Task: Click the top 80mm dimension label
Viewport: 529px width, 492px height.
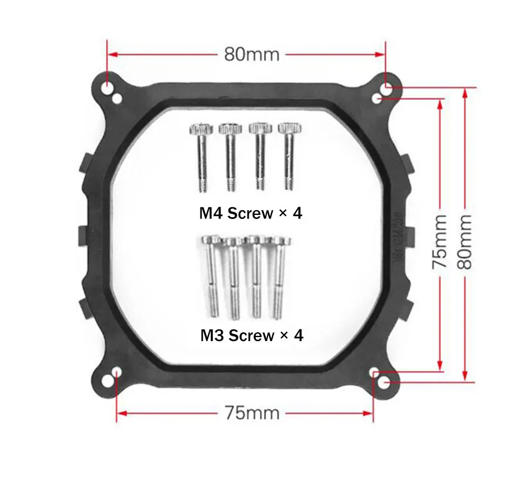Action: click(252, 54)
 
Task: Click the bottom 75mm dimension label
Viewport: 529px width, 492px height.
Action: click(252, 413)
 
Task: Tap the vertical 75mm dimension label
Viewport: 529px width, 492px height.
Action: click(440, 242)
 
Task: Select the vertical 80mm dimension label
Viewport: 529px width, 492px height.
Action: click(464, 242)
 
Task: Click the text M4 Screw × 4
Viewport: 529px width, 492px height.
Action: click(250, 213)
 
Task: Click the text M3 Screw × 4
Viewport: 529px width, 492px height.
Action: click(252, 335)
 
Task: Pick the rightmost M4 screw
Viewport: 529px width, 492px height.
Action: click(289, 156)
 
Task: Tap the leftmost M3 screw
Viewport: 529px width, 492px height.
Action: click(212, 277)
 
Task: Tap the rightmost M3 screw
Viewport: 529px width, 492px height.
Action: click(279, 278)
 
